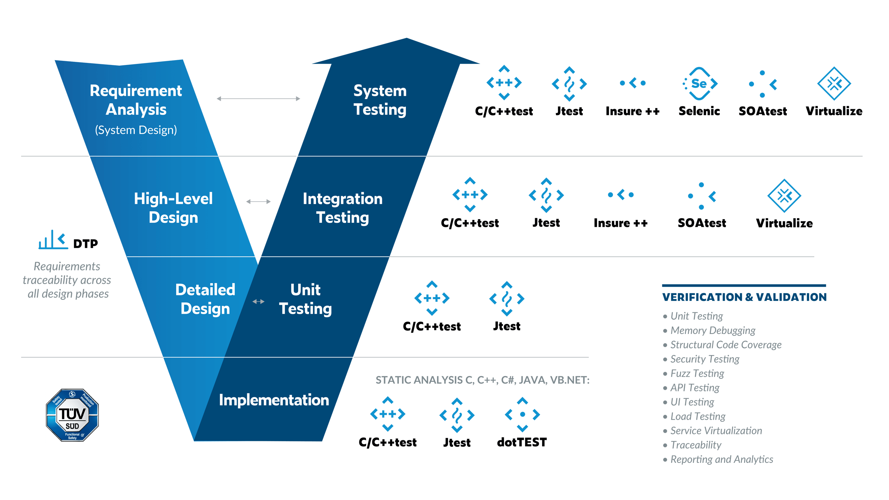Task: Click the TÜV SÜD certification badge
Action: [x=72, y=415]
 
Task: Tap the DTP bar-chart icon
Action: [x=53, y=240]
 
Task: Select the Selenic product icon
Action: [x=699, y=84]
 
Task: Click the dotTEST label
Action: [x=522, y=442]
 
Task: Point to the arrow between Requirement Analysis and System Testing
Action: [x=258, y=99]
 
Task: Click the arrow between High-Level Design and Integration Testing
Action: [x=258, y=202]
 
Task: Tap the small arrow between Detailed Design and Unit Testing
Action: [x=258, y=302]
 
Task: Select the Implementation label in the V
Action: [x=274, y=400]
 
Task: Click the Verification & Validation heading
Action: [x=744, y=297]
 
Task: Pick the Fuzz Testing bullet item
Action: [x=697, y=374]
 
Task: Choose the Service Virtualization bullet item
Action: [x=716, y=431]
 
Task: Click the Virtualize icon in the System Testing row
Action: [x=834, y=84]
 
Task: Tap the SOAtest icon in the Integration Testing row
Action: [x=701, y=196]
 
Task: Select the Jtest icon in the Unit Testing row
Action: [x=507, y=299]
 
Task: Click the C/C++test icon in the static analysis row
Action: [x=388, y=414]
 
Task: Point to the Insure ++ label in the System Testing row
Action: [x=632, y=111]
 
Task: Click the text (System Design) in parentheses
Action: [x=136, y=130]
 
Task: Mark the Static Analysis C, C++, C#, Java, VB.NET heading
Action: [x=482, y=380]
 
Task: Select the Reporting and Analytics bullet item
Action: [x=722, y=459]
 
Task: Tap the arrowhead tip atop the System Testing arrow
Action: [x=406, y=39]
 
